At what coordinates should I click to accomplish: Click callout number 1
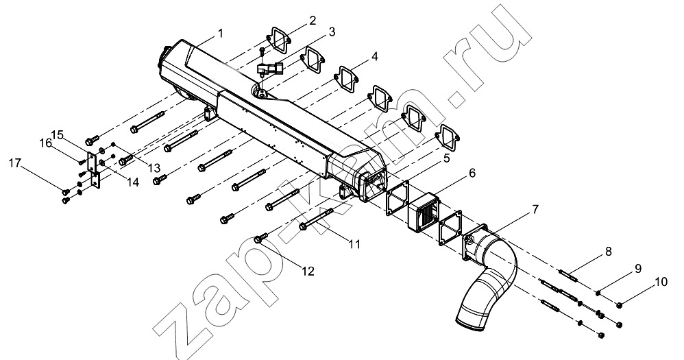click(221, 33)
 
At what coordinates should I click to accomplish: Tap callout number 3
click(332, 32)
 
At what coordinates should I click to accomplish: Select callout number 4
click(375, 57)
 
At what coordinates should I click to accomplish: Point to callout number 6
click(472, 173)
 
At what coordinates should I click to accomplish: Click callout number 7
click(535, 210)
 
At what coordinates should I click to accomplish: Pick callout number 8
click(609, 252)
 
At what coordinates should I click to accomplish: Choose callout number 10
click(661, 282)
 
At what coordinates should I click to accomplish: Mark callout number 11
click(356, 244)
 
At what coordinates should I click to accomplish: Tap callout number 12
click(308, 271)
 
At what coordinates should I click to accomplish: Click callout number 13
click(154, 168)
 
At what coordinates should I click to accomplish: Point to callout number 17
click(15, 163)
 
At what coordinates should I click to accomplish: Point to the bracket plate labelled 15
click(94, 169)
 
